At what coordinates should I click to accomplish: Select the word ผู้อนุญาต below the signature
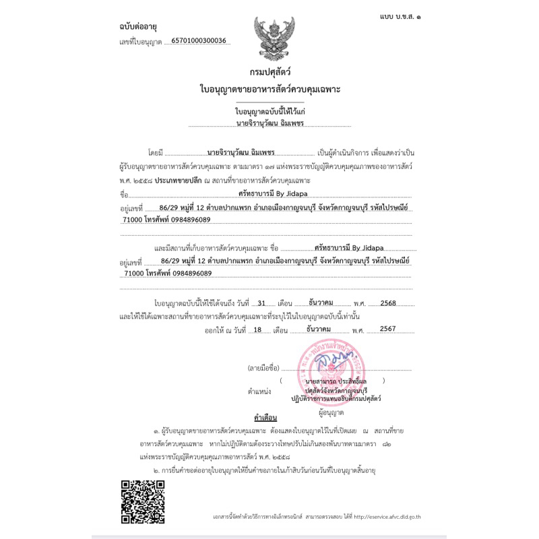pyautogui.click(x=332, y=411)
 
